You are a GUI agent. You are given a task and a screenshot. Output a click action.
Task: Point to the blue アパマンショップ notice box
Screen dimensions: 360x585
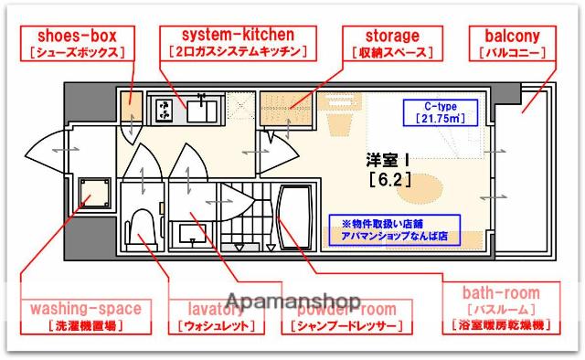395,226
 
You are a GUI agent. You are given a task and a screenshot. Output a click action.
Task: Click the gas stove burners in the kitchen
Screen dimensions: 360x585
165,111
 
